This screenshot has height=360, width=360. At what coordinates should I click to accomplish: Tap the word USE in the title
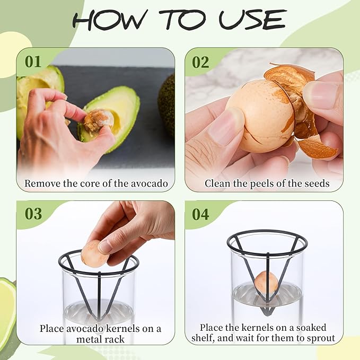point(253,20)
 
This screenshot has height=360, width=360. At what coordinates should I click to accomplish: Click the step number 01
point(33,62)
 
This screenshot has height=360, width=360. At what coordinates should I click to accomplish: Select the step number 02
point(200,62)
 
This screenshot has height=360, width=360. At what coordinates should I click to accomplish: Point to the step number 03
point(33,214)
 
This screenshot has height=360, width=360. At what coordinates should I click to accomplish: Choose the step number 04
point(200,214)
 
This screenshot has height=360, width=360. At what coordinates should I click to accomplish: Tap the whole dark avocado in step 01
point(166,103)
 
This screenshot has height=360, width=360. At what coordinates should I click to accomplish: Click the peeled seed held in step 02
point(257,121)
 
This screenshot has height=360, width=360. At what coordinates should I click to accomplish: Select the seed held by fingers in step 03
point(94,253)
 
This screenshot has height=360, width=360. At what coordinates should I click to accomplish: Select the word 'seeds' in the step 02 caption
point(315,184)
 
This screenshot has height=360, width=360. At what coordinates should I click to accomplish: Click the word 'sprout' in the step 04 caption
point(320,339)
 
